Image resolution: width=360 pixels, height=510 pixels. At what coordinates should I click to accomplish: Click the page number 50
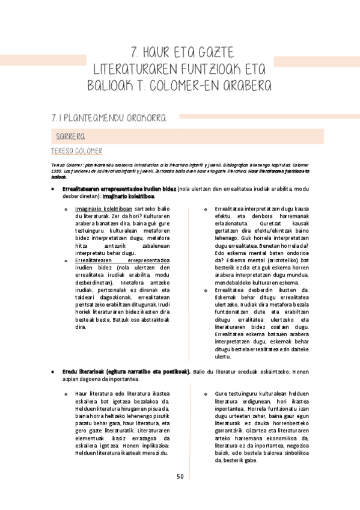pos(180,477)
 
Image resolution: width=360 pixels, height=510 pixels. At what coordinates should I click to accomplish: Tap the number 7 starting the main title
pos(135,51)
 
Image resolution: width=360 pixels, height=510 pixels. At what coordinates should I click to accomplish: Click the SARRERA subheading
pos(69,136)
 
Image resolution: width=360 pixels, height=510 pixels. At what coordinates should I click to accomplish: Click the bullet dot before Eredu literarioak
pos(54,372)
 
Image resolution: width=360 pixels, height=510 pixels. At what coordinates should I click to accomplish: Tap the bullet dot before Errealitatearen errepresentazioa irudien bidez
pos(54,189)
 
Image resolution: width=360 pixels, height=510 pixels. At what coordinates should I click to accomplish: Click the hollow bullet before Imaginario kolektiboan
pos(66,209)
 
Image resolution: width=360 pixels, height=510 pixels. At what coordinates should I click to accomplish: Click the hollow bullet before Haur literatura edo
pos(66,395)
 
